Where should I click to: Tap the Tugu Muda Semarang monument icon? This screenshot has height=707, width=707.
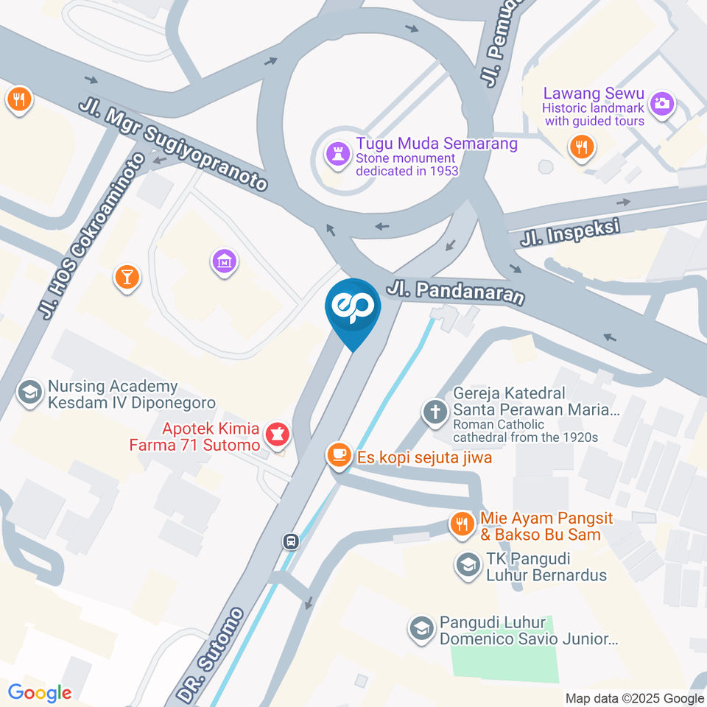pyautogui.click(x=338, y=155)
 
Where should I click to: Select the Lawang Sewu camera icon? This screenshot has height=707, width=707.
pyautogui.click(x=662, y=102)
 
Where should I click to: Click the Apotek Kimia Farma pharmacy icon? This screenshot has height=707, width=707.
pyautogui.click(x=278, y=432)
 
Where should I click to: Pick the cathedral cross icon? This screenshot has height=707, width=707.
pyautogui.click(x=435, y=412)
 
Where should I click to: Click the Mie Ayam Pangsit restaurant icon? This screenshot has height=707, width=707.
pyautogui.click(x=462, y=523)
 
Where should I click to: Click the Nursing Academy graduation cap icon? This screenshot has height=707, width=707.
pyautogui.click(x=30, y=393)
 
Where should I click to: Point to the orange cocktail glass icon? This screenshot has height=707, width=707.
pyautogui.click(x=127, y=276)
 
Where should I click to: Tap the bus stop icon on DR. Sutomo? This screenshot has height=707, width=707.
pyautogui.click(x=292, y=542)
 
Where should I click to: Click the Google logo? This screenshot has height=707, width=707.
pyautogui.click(x=40, y=692)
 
